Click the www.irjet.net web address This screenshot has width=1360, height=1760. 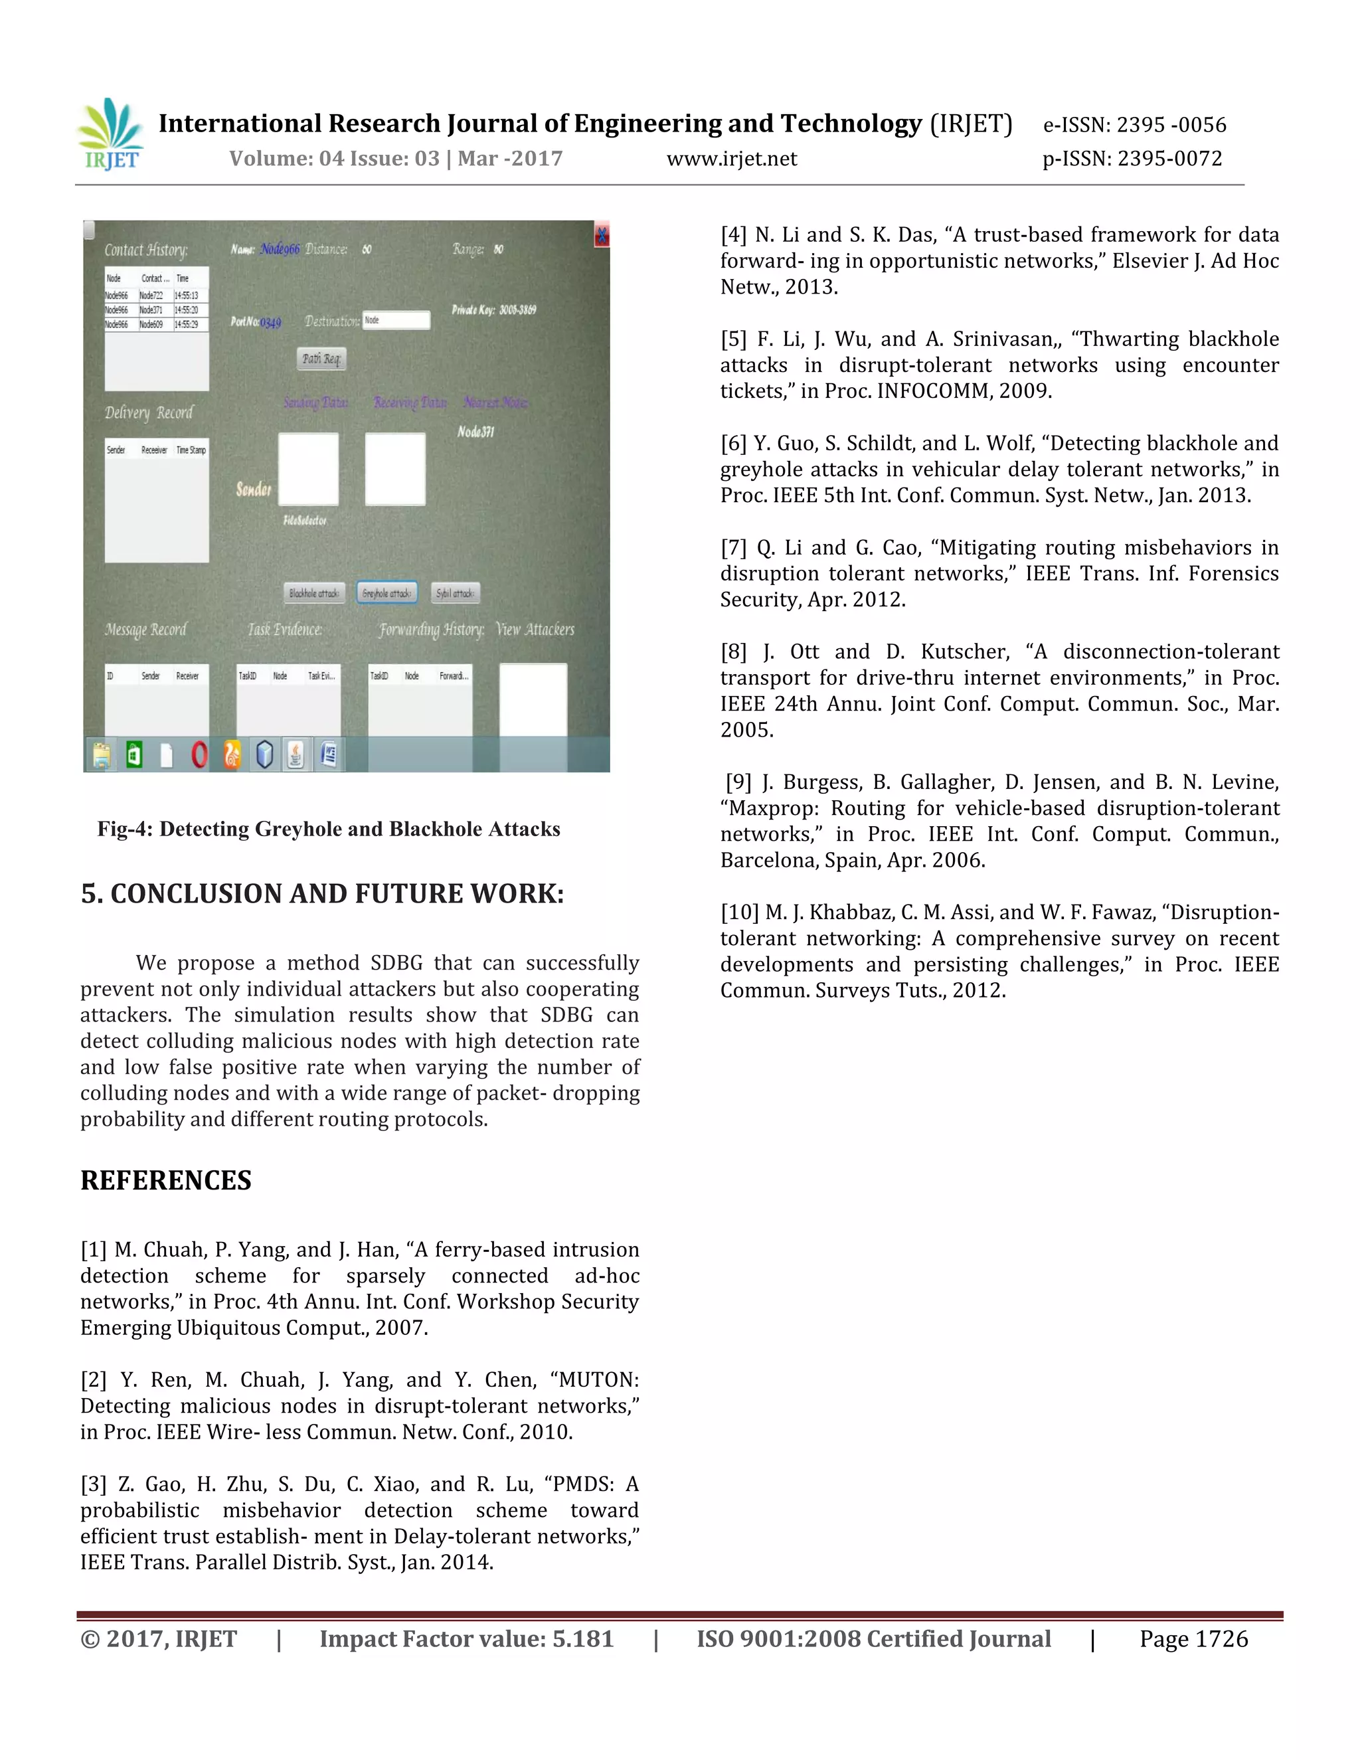[732, 159]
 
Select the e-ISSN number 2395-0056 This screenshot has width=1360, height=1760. [1171, 125]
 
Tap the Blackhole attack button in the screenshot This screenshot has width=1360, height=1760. [314, 593]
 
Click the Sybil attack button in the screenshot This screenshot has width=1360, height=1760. [455, 593]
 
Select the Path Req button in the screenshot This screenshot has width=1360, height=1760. [321, 359]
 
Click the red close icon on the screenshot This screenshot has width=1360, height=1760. [601, 235]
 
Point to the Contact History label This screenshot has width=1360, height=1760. [147, 250]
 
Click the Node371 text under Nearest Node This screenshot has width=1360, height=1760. [475, 432]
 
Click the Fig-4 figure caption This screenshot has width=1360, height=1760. [329, 830]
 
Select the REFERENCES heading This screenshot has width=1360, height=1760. [166, 1181]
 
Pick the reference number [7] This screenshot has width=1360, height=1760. [733, 548]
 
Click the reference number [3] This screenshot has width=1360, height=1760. [94, 1484]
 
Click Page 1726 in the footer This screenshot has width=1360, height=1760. [1193, 1639]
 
